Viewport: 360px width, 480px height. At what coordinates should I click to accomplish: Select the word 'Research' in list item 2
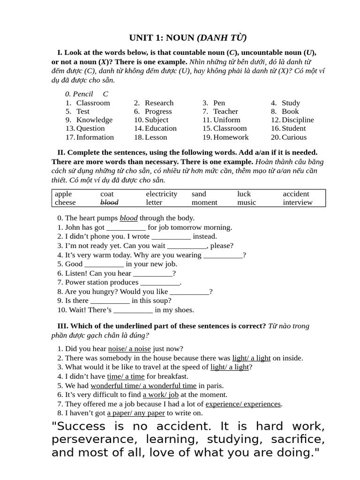coord(159,103)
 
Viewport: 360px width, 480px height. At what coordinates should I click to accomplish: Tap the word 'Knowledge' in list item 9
coord(94,120)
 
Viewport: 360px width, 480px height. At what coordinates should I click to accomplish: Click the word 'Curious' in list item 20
coord(294,137)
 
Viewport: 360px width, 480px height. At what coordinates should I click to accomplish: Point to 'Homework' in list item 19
coord(231,137)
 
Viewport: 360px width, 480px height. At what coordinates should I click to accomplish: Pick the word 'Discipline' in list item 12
coord(298,120)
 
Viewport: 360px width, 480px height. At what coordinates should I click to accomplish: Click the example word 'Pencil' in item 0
coord(83,94)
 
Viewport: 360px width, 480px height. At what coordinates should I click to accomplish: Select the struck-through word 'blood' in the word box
coord(109,202)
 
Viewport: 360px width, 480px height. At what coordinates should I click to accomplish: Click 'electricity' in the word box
coord(162,194)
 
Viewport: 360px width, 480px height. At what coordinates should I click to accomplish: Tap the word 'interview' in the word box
coord(298,202)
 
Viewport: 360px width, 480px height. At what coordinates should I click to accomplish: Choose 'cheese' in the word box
coord(65,202)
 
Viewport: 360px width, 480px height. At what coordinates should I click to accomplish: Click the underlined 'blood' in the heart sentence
coord(128,218)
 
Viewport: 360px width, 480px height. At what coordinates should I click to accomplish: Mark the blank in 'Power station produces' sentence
coord(160,283)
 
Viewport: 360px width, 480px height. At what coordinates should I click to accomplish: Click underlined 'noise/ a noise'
coord(129,349)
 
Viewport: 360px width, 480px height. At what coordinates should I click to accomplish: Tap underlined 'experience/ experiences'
coord(243,404)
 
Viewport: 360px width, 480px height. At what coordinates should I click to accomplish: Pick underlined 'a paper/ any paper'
coord(136,413)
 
